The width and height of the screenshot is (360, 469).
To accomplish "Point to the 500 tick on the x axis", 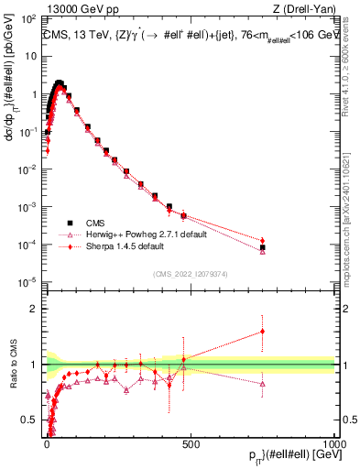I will pyautogui.click(x=191, y=443).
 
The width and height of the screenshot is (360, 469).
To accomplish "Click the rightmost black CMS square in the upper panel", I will pyautogui.click(x=263, y=247).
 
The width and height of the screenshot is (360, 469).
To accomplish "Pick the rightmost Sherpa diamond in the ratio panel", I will pyautogui.click(x=263, y=332).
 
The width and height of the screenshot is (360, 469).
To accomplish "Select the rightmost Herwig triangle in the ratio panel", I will pyautogui.click(x=263, y=384).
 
